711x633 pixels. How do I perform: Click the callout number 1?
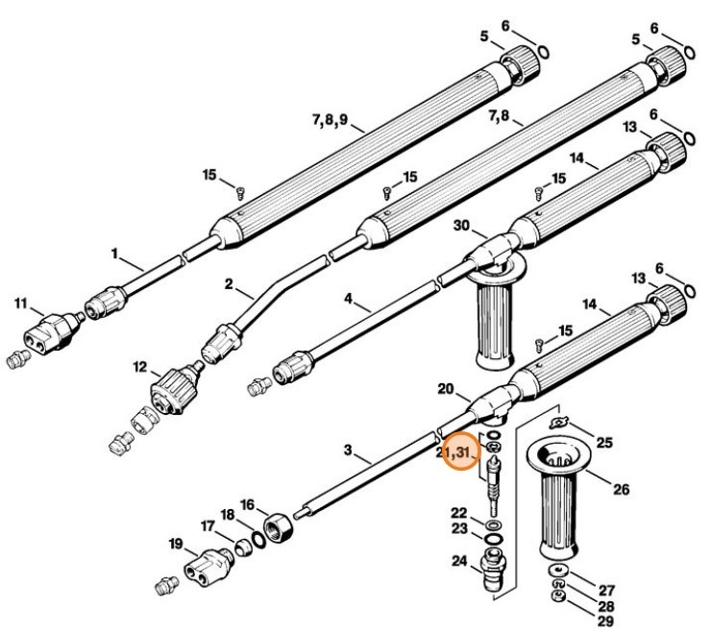(x=114, y=255)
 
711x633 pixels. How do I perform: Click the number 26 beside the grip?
(x=620, y=489)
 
